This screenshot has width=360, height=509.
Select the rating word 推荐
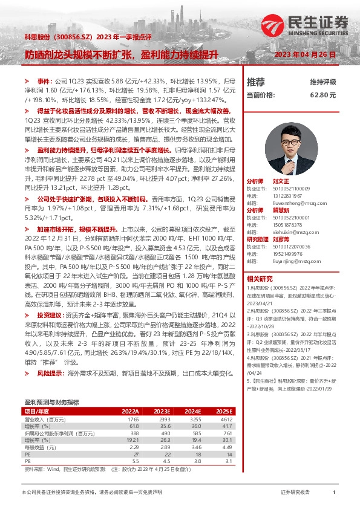256,81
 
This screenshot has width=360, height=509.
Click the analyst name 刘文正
281,181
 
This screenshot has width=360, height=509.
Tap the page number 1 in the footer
333,493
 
